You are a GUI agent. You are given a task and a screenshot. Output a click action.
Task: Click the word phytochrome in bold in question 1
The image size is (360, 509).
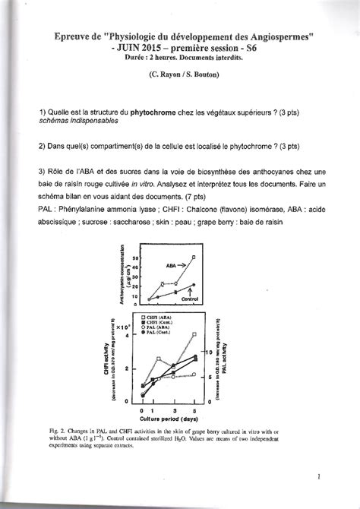pos(155,112)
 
